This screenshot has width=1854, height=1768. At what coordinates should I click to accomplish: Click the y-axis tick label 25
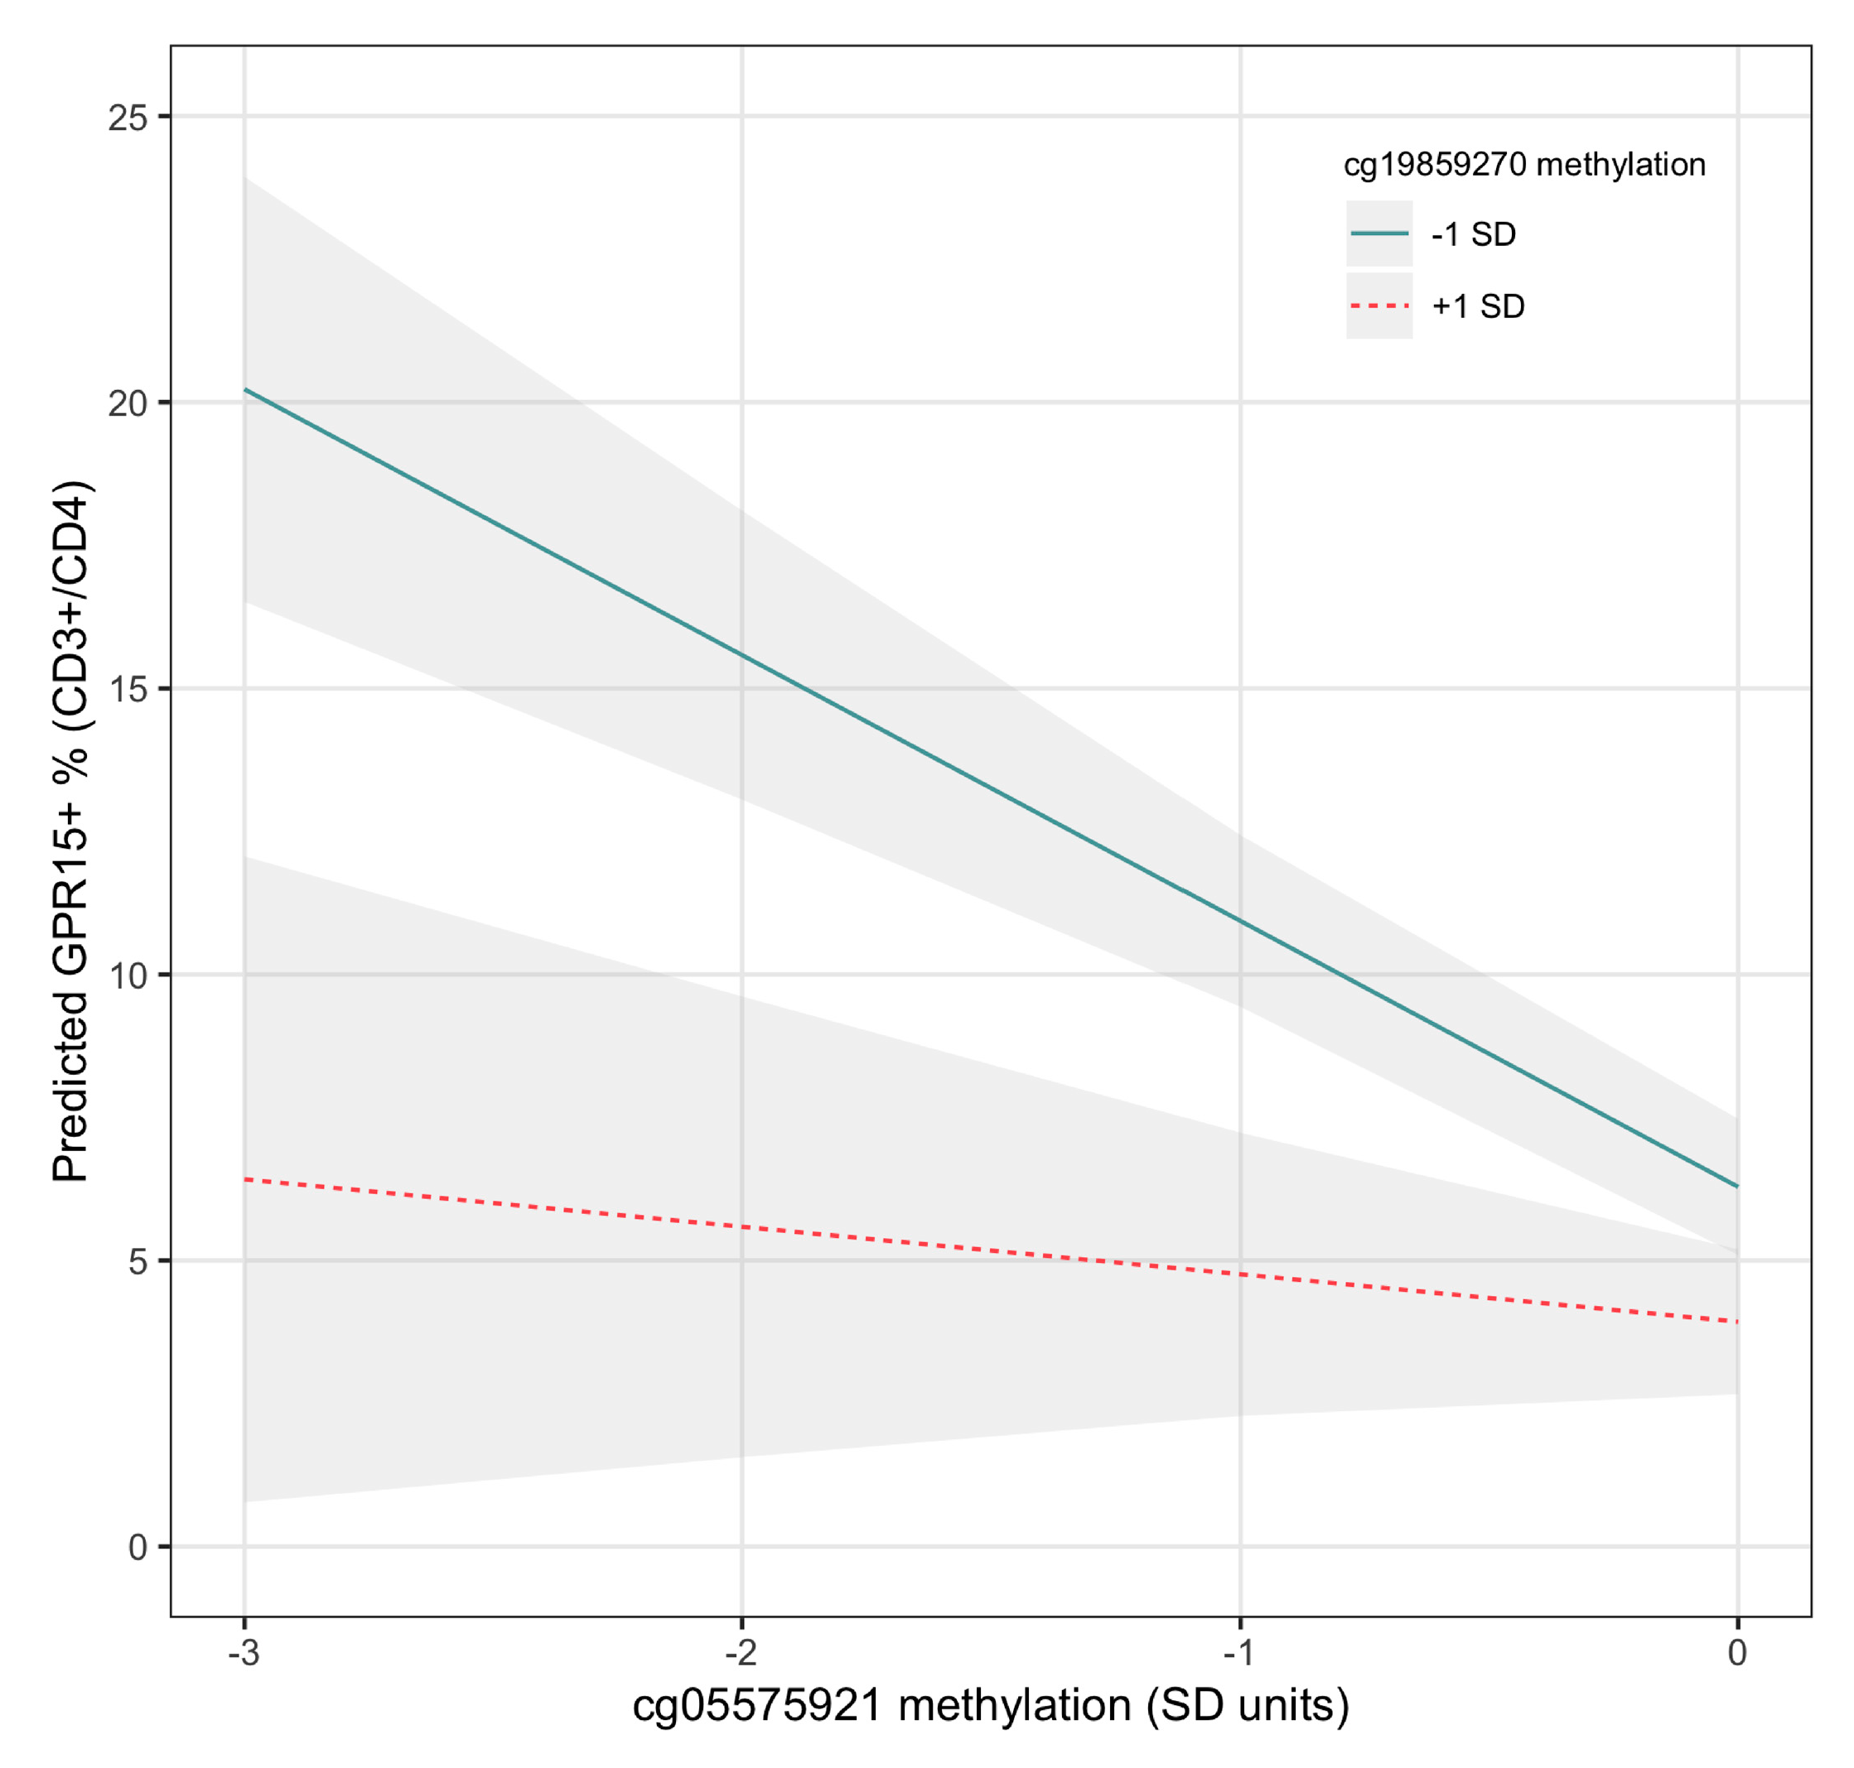(x=128, y=118)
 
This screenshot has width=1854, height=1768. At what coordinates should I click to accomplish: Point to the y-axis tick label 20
(x=128, y=403)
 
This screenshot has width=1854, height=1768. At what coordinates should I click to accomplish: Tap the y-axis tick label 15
(x=128, y=689)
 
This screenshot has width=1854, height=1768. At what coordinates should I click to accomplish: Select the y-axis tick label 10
(x=128, y=976)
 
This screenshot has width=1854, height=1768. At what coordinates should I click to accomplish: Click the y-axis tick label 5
(x=138, y=1261)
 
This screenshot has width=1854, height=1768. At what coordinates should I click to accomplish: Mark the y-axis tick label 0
(x=138, y=1547)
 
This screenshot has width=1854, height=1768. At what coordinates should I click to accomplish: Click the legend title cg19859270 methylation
(x=1523, y=165)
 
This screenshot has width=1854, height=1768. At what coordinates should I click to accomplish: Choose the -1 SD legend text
(x=1472, y=234)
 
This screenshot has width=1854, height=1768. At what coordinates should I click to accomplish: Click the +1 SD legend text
(x=1477, y=306)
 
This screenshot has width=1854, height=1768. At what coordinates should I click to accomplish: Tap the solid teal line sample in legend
(x=1379, y=234)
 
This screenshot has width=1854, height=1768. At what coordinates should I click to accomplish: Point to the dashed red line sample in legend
(x=1379, y=306)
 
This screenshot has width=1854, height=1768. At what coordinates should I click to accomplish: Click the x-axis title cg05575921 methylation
(x=990, y=1706)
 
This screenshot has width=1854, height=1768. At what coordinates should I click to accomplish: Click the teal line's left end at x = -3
(x=245, y=389)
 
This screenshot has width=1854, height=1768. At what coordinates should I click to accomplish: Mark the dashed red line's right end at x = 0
(x=1736, y=1322)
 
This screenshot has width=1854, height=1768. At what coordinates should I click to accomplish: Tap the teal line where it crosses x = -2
(x=741, y=654)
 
